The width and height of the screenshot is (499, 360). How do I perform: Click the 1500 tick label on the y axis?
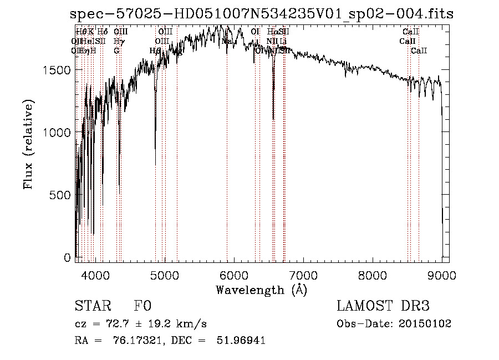coord(57,69)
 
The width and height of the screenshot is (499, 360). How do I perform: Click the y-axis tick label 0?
coord(67,258)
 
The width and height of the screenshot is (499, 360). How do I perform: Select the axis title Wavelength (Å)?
coord(261,290)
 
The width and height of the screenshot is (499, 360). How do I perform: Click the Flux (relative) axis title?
coord(29,144)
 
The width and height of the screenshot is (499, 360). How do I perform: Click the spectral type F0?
coord(142,306)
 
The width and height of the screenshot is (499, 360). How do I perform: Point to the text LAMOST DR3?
coord(383,306)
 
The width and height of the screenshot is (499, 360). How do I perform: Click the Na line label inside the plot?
coord(226,42)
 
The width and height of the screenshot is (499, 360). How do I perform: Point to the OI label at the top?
coord(255,32)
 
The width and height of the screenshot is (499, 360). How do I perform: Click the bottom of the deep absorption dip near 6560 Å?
coord(273,118)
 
